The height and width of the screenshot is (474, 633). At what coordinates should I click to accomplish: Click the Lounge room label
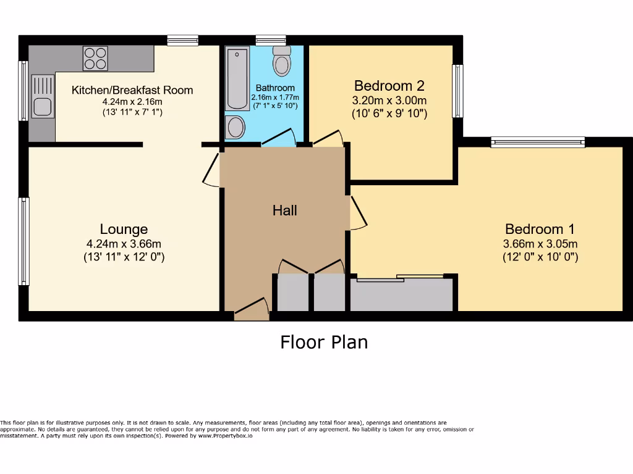[124, 229]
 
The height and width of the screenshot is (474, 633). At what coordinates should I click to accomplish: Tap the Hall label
[285, 210]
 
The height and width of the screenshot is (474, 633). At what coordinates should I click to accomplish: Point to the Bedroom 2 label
[389, 85]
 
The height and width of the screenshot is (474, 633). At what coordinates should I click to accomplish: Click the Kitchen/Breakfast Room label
[132, 90]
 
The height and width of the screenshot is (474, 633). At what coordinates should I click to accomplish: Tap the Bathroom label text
[275, 88]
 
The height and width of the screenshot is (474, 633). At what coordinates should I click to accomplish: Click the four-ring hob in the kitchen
[95, 59]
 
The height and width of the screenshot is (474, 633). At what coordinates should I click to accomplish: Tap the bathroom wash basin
[236, 127]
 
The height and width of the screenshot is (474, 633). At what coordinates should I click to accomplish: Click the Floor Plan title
[324, 341]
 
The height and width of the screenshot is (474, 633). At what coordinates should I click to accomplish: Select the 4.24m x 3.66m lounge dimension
[124, 244]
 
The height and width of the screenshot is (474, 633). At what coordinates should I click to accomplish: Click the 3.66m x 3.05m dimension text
[540, 244]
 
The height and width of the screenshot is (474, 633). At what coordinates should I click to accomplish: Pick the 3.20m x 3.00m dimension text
[389, 101]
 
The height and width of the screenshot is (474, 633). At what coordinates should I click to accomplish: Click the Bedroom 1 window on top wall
[538, 143]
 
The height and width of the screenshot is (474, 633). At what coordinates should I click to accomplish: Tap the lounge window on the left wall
[23, 241]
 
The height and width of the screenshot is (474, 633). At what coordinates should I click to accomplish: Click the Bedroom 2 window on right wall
[457, 91]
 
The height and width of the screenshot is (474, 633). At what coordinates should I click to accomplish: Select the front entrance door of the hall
[252, 312]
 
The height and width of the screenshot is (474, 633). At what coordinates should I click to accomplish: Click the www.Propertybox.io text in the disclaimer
[225, 435]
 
